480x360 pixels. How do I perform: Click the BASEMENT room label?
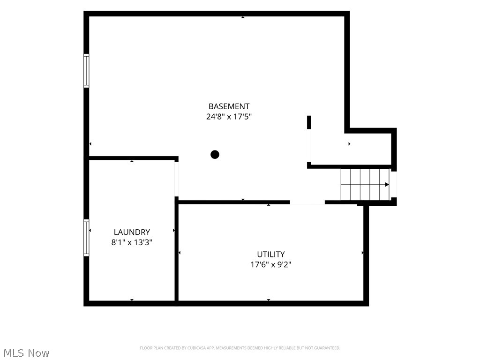(x=229, y=106)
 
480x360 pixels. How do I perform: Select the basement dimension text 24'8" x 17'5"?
(x=229, y=117)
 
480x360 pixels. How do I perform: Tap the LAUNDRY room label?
(x=132, y=232)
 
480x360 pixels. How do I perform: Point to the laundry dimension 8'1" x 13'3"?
(x=132, y=242)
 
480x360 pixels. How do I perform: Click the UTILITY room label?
(x=271, y=255)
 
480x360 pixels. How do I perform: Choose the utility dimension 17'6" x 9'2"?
(x=271, y=264)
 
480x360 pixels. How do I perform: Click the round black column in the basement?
(x=215, y=155)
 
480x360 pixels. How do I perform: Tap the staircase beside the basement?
(x=365, y=184)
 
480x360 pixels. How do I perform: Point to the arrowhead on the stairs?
(x=387, y=185)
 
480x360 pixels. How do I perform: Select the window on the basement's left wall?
(x=86, y=71)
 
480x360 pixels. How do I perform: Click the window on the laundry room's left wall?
(x=86, y=238)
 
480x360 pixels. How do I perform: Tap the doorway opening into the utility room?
(x=307, y=202)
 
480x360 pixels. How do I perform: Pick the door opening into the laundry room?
(x=176, y=179)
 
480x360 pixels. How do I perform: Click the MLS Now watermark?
(x=26, y=353)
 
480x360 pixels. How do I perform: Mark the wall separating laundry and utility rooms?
(x=177, y=251)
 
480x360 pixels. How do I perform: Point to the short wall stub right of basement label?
(x=309, y=122)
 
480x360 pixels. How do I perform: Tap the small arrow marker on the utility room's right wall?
(x=363, y=253)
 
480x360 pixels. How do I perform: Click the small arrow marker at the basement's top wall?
(x=243, y=17)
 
